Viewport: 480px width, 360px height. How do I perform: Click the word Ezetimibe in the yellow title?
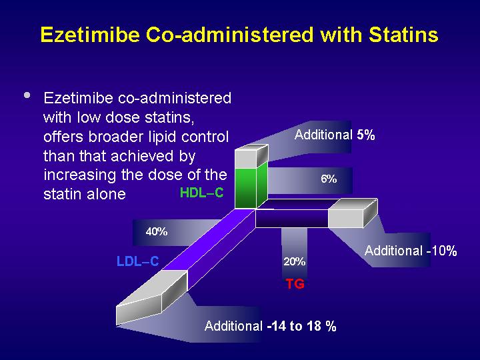click(90, 34)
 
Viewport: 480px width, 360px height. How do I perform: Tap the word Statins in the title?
click(403, 34)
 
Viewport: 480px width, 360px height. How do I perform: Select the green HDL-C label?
click(202, 193)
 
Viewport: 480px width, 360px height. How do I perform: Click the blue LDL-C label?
click(138, 261)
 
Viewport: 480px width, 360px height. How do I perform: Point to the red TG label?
click(295, 284)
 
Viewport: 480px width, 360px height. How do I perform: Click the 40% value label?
click(157, 231)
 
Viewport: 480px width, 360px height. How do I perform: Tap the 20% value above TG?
click(294, 261)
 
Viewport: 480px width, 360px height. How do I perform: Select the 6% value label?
click(329, 179)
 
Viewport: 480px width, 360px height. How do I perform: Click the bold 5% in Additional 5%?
click(366, 135)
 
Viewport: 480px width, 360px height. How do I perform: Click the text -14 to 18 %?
click(301, 326)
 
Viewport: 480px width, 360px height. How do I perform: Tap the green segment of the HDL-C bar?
click(251, 187)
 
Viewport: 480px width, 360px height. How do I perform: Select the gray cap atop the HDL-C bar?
click(251, 156)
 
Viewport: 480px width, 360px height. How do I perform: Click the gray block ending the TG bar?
click(352, 214)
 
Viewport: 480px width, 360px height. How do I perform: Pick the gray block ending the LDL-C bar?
click(151, 297)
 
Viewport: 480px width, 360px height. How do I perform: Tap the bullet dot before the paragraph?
click(27, 95)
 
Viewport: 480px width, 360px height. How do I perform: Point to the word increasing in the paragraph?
click(79, 175)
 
